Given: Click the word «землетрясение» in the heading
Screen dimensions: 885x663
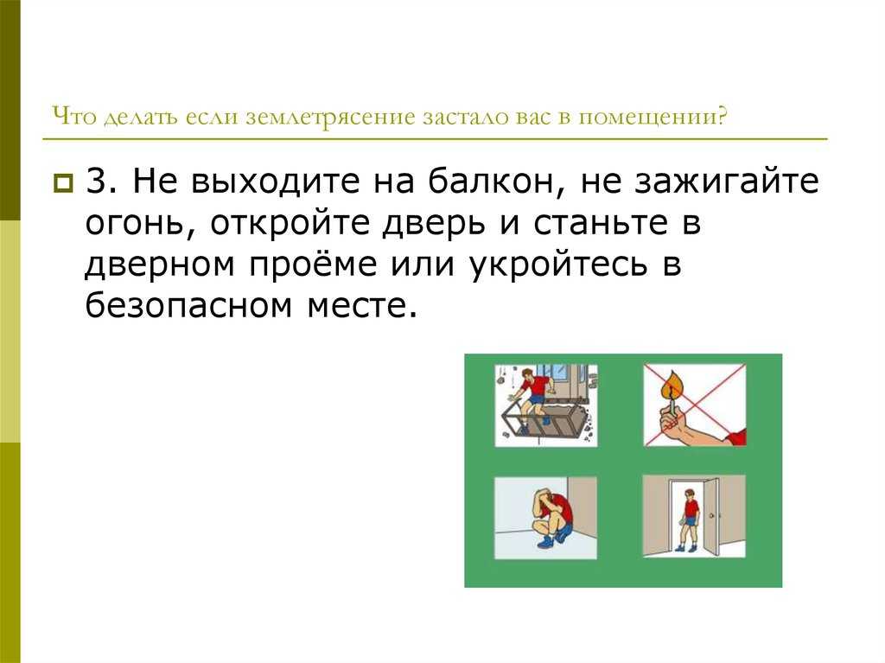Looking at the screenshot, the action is (330, 118).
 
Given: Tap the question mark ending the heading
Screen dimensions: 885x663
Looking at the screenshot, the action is (721, 116).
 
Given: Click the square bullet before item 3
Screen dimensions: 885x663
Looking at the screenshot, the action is (63, 183).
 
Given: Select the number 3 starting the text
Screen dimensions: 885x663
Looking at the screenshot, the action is (97, 182).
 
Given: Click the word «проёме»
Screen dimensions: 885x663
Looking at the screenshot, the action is (313, 265).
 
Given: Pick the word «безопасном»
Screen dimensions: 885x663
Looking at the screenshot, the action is (189, 305).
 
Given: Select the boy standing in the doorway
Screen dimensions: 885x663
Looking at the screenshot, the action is (689, 520).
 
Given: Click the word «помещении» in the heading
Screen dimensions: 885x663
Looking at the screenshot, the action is (646, 118).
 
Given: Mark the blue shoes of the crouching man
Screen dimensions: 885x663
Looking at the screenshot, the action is (552, 540).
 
